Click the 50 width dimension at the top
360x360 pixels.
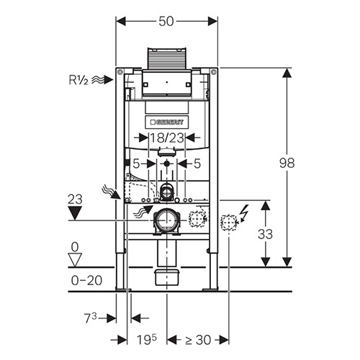coord(166,22)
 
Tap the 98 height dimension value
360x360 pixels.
coord(287,163)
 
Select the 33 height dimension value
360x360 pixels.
coord(265,234)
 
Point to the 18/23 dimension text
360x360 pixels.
coord(167,138)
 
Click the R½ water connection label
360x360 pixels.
coord(78,80)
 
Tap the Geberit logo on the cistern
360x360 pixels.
coord(167,122)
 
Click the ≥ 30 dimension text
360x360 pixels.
coord(198,340)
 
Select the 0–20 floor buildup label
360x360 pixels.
coord(86,280)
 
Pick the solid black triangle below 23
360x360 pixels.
coord(75,213)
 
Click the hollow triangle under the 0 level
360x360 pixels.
coord(75,260)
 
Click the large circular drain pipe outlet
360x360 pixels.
coord(166,220)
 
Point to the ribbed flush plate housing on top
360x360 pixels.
coord(167,59)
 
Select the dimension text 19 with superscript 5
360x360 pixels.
coord(147,339)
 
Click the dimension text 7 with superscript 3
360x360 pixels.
coord(91,318)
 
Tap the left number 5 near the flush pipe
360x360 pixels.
coord(136,164)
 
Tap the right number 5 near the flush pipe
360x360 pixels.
coord(197,163)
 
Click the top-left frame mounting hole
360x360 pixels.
coord(120,72)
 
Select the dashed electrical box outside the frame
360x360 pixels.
coord(228,222)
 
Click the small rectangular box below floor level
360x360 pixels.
coord(167,277)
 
